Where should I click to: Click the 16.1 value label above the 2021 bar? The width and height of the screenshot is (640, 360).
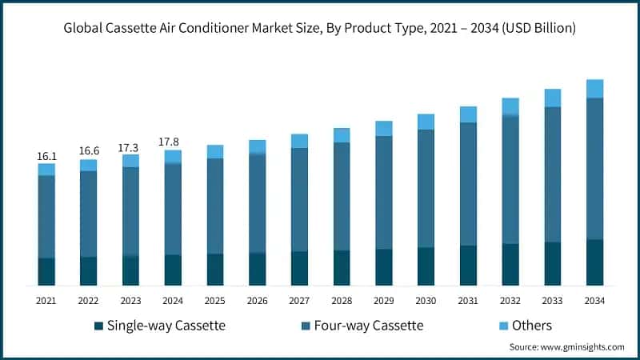[x=46, y=156]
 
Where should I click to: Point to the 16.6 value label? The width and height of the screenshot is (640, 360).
[x=89, y=151]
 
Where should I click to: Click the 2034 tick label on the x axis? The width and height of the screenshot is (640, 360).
[x=594, y=300]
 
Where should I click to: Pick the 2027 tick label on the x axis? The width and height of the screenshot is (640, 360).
[x=299, y=300]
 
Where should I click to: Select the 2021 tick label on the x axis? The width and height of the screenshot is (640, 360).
[x=46, y=300]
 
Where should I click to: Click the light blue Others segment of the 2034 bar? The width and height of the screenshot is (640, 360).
[x=594, y=89]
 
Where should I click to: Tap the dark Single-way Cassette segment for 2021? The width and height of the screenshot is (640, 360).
[x=46, y=272]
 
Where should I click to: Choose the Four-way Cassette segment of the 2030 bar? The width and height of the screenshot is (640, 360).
[x=426, y=188]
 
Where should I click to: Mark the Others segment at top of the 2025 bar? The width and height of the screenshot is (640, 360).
[x=215, y=152]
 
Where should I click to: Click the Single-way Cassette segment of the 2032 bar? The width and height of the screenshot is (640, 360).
[x=510, y=265]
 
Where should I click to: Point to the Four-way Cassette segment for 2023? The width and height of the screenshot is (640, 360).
[x=131, y=211]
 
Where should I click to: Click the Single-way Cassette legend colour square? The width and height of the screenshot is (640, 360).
[x=98, y=326]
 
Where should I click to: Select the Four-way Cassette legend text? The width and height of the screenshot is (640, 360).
[x=369, y=326]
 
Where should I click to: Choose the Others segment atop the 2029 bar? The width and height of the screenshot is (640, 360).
[x=384, y=129]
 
